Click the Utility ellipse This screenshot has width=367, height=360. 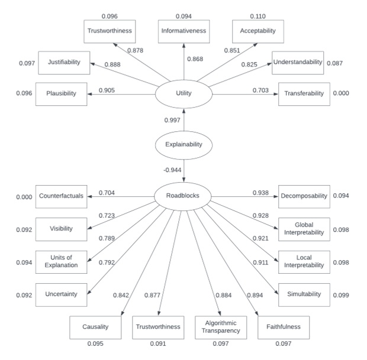coord(184,93)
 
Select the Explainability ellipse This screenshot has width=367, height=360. coord(184,144)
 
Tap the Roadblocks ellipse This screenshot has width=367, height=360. coord(184,196)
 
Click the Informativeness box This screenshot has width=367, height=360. coord(183,31)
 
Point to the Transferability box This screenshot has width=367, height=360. coord(304,93)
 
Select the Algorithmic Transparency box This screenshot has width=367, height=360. coord(221,327)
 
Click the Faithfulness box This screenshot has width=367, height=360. coord(284,327)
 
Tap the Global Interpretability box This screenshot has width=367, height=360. coord(304,229)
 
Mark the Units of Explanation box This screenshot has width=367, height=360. coord(62,261)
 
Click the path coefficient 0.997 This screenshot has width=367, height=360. coord(172,121)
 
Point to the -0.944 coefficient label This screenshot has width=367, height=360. coord(172,170)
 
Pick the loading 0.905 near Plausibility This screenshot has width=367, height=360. coord(107,90)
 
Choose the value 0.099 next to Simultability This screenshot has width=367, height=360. coord(342,294)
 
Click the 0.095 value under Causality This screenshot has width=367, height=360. coord(95,343)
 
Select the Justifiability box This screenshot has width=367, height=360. coord(63,62)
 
